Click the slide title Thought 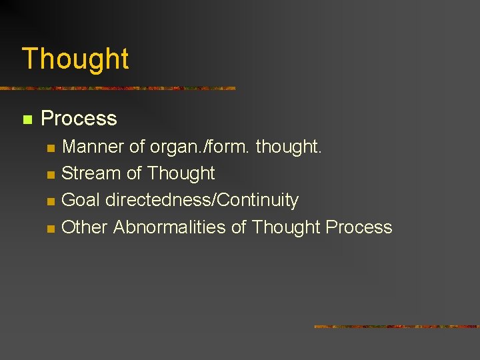[x=75, y=59]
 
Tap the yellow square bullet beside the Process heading [x=27, y=120]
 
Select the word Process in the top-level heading [x=79, y=119]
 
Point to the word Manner [x=89, y=147]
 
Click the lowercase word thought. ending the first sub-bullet [x=289, y=147]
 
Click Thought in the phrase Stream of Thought [x=181, y=173]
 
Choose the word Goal [x=81, y=200]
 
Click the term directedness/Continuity [x=202, y=200]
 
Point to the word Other [x=84, y=227]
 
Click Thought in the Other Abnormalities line [x=286, y=227]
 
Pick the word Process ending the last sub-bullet [x=359, y=227]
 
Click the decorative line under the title [x=117, y=88]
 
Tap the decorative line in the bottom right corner [x=397, y=327]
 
